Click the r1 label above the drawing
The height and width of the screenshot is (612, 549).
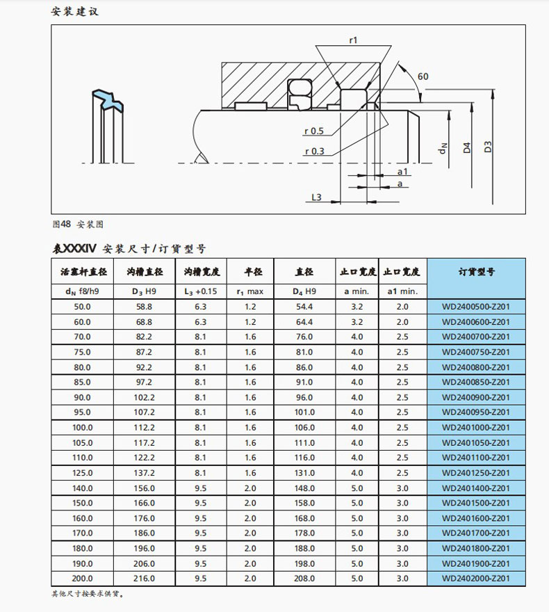click(x=352, y=40)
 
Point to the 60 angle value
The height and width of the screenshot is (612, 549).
click(x=423, y=76)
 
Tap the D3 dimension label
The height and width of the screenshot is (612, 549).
click(x=489, y=147)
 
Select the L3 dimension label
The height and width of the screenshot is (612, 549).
click(x=316, y=198)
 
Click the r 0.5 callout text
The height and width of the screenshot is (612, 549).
click(x=314, y=131)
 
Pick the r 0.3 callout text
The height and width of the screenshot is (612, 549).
click(x=314, y=151)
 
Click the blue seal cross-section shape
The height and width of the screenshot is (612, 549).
click(x=105, y=99)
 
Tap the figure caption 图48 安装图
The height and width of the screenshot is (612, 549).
click(x=78, y=225)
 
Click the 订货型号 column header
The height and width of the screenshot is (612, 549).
click(x=476, y=271)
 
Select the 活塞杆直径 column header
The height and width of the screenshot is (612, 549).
click(x=83, y=271)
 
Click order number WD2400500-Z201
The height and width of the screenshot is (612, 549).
click(x=476, y=307)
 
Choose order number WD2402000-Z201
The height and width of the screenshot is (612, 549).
click(x=476, y=578)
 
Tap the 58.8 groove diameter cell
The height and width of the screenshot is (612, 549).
click(x=144, y=307)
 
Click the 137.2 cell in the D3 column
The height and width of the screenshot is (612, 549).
click(x=144, y=473)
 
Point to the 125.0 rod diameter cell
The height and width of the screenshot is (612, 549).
click(x=83, y=473)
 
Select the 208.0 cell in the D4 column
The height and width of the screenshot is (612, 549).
click(x=304, y=578)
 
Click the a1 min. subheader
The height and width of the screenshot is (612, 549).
click(x=402, y=291)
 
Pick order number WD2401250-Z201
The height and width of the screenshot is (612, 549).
click(x=476, y=473)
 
